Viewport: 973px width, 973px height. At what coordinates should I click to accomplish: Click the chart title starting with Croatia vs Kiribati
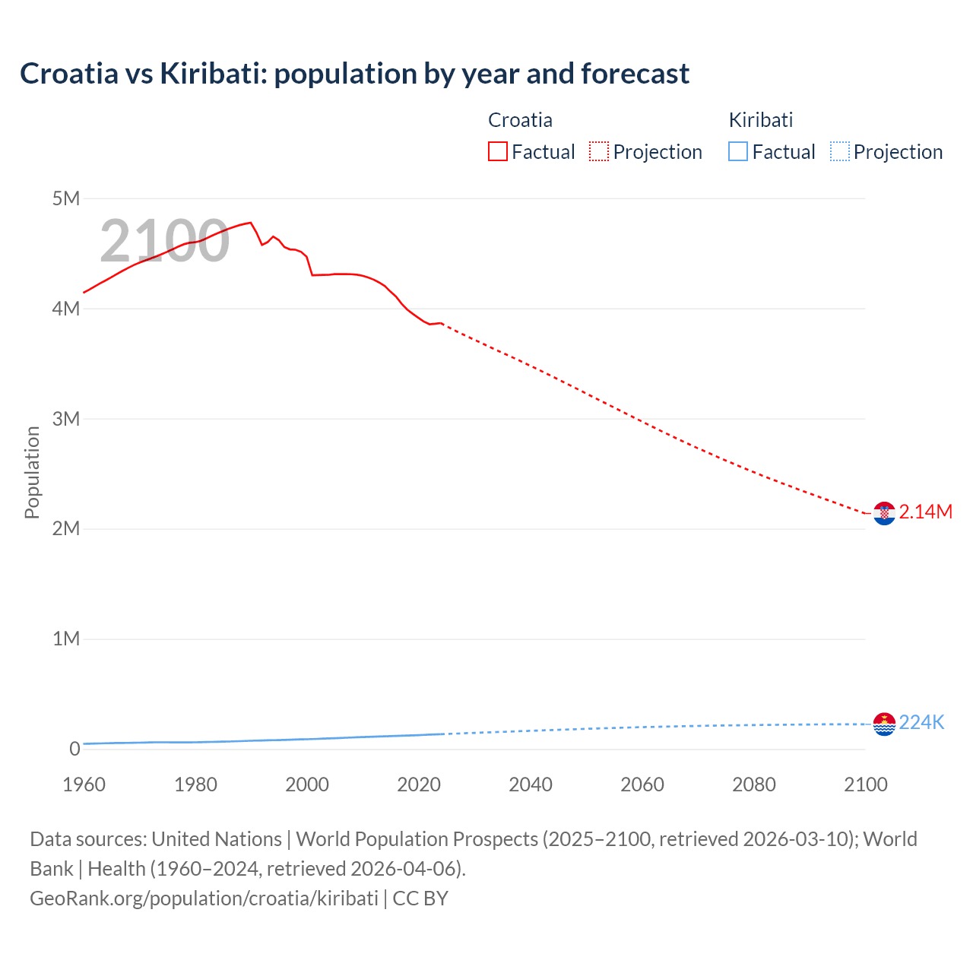pyautogui.click(x=354, y=74)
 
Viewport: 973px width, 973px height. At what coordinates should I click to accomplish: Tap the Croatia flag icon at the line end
pyautogui.click(x=884, y=513)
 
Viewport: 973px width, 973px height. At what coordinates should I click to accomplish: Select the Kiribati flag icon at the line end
pyautogui.click(x=884, y=724)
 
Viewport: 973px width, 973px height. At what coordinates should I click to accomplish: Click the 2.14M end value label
pyautogui.click(x=925, y=512)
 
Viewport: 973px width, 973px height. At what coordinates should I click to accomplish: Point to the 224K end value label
pyautogui.click(x=921, y=723)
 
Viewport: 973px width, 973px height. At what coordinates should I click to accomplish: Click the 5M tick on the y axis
pyautogui.click(x=66, y=199)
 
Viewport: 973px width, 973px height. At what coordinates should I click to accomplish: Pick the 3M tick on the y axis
pyautogui.click(x=66, y=419)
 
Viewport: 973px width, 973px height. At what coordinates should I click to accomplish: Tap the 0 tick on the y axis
pyautogui.click(x=74, y=749)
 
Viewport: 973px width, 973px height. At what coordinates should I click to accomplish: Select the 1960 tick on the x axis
pyautogui.click(x=84, y=784)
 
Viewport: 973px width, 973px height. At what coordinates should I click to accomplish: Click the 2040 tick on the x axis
pyautogui.click(x=531, y=784)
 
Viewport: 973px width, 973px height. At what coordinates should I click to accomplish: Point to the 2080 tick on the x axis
pyautogui.click(x=754, y=784)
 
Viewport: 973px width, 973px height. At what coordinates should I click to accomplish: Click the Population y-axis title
pyautogui.click(x=32, y=472)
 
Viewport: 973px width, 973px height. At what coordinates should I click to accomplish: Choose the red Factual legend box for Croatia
pyautogui.click(x=498, y=152)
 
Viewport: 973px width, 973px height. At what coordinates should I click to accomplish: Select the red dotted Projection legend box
pyautogui.click(x=599, y=152)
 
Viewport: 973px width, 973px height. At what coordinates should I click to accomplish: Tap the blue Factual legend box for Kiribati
pyautogui.click(x=738, y=152)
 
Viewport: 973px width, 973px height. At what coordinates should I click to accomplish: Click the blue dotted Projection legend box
pyautogui.click(x=839, y=152)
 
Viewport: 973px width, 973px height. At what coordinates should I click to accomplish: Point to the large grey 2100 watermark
pyautogui.click(x=164, y=241)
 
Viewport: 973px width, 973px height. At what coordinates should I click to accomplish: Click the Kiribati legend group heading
pyautogui.click(x=761, y=120)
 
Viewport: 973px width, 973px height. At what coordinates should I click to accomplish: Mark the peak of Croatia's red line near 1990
pyautogui.click(x=250, y=223)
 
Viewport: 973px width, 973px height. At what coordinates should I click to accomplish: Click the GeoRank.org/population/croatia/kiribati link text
pyautogui.click(x=204, y=899)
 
